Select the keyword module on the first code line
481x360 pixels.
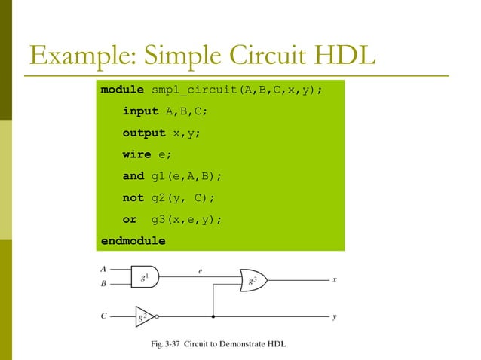pyautogui.click(x=123, y=90)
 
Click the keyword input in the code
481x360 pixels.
pyautogui.click(x=141, y=111)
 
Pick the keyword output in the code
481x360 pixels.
pyautogui.click(x=144, y=133)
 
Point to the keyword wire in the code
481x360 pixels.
pyautogui.click(x=137, y=154)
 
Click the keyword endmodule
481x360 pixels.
pyautogui.click(x=133, y=241)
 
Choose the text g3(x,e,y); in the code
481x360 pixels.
pyautogui.click(x=186, y=220)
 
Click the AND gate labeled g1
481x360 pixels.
pyautogui.click(x=144, y=277)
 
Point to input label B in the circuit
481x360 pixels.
pyautogui.click(x=103, y=285)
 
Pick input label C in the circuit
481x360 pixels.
pyautogui.click(x=103, y=316)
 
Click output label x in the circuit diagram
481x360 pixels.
pyautogui.click(x=334, y=279)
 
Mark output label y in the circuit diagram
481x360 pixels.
pyautogui.click(x=334, y=316)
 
